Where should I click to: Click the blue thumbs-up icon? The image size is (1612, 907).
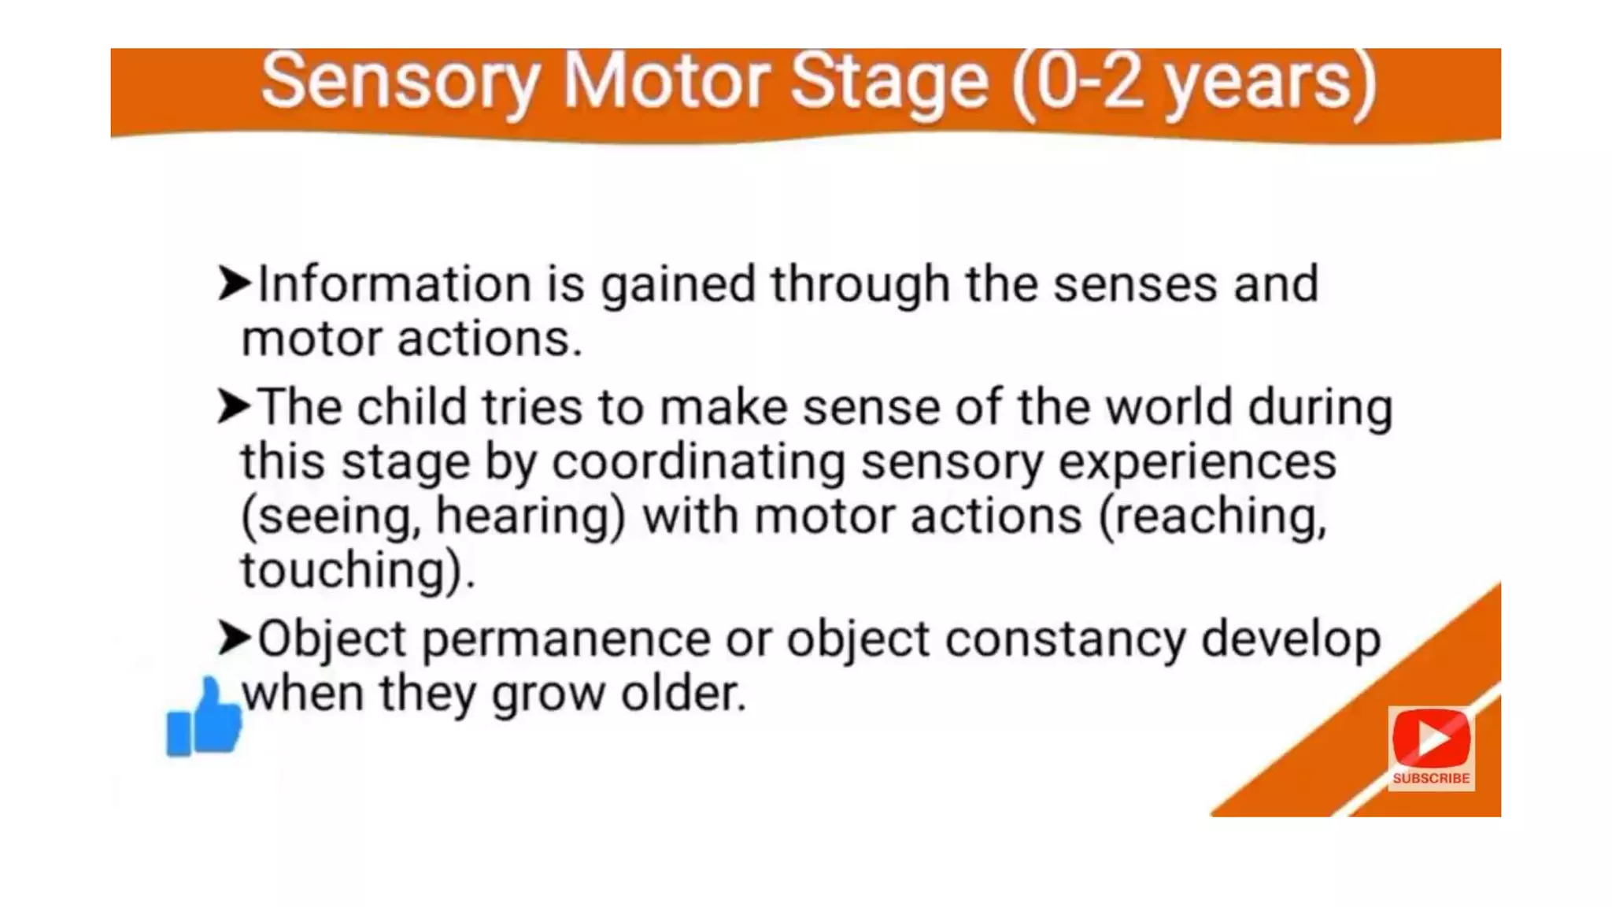point(204,719)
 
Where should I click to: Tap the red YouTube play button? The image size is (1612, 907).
point(1431,738)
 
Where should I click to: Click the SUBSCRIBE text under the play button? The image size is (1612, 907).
point(1431,778)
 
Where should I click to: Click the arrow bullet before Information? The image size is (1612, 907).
point(234,283)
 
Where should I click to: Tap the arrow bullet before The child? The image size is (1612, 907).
point(234,406)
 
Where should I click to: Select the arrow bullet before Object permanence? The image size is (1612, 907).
point(234,637)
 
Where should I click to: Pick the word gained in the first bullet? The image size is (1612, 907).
point(678,285)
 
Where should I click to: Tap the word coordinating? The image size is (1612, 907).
point(698,462)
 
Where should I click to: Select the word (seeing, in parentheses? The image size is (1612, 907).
point(330,517)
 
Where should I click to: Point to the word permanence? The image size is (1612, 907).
point(566,639)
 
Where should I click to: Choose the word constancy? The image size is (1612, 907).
point(1065,639)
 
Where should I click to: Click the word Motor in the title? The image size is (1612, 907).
point(666,82)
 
